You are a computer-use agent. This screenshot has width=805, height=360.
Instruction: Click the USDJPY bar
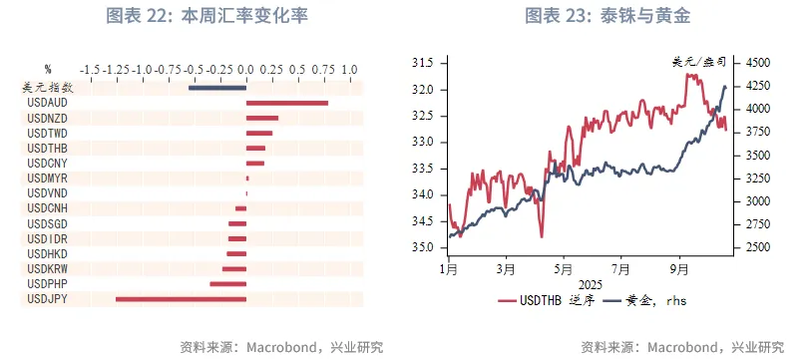tap(181, 298)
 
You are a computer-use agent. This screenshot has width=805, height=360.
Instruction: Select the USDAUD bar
tap(287, 102)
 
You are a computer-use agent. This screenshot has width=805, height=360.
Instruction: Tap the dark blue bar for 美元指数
tap(217, 87)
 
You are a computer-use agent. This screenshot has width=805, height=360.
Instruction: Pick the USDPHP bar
tap(227, 284)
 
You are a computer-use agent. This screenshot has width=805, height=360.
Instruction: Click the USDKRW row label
tap(47, 269)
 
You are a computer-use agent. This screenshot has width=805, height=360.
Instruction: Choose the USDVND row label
tap(47, 192)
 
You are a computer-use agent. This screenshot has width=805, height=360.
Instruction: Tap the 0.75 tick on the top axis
tap(323, 69)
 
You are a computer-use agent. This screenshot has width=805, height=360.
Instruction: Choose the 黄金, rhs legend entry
tap(652, 300)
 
